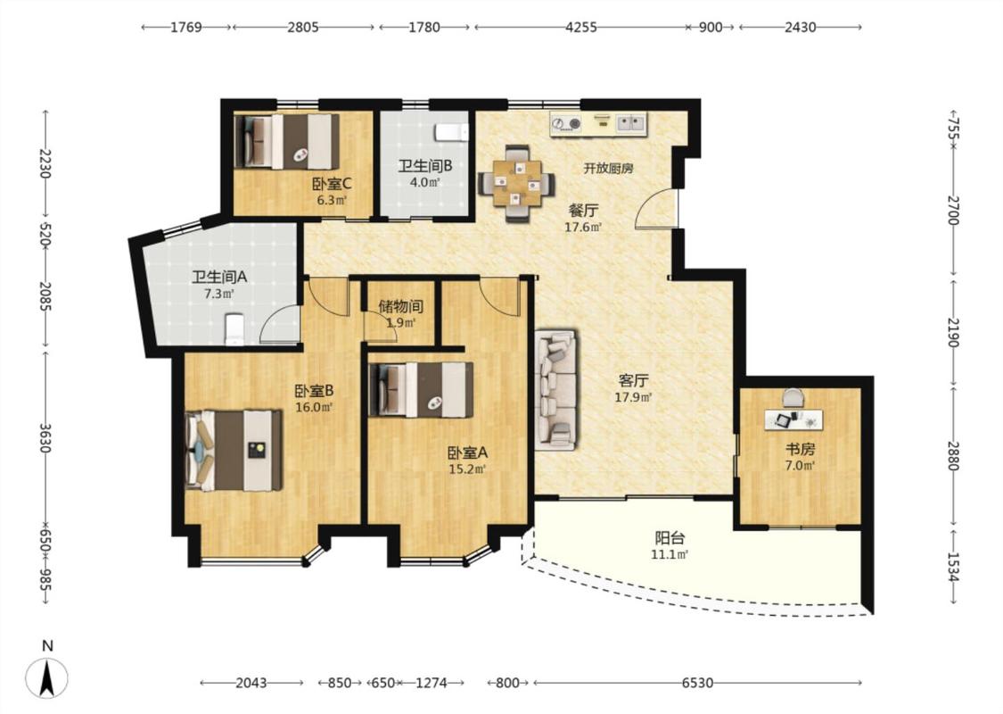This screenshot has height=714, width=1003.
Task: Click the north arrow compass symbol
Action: click(x=46, y=677)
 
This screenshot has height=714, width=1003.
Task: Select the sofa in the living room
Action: click(x=555, y=389)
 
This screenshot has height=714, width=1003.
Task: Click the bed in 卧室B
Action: click(x=234, y=450)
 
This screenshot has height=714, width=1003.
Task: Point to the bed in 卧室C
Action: click(x=286, y=141)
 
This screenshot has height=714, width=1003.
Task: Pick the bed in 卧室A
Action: click(x=422, y=390)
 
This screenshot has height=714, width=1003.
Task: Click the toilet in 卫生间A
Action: click(x=234, y=328)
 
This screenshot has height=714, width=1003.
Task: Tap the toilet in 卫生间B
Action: click(x=451, y=132)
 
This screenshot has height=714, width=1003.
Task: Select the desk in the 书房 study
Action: click(x=793, y=420)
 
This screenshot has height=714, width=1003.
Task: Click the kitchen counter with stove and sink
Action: click(x=599, y=123)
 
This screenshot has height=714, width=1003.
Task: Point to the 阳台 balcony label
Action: click(x=669, y=538)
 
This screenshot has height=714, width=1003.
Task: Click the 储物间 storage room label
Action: click(x=400, y=307)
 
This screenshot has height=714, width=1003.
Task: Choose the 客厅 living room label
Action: click(x=633, y=381)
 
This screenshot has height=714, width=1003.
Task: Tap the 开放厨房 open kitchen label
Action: click(x=608, y=169)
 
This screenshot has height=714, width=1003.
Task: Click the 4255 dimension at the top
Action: click(x=580, y=27)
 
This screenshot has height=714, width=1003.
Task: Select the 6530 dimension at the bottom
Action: click(x=696, y=683)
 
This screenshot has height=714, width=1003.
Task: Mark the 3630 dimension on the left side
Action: click(x=45, y=437)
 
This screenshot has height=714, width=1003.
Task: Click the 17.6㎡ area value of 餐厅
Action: click(x=583, y=227)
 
